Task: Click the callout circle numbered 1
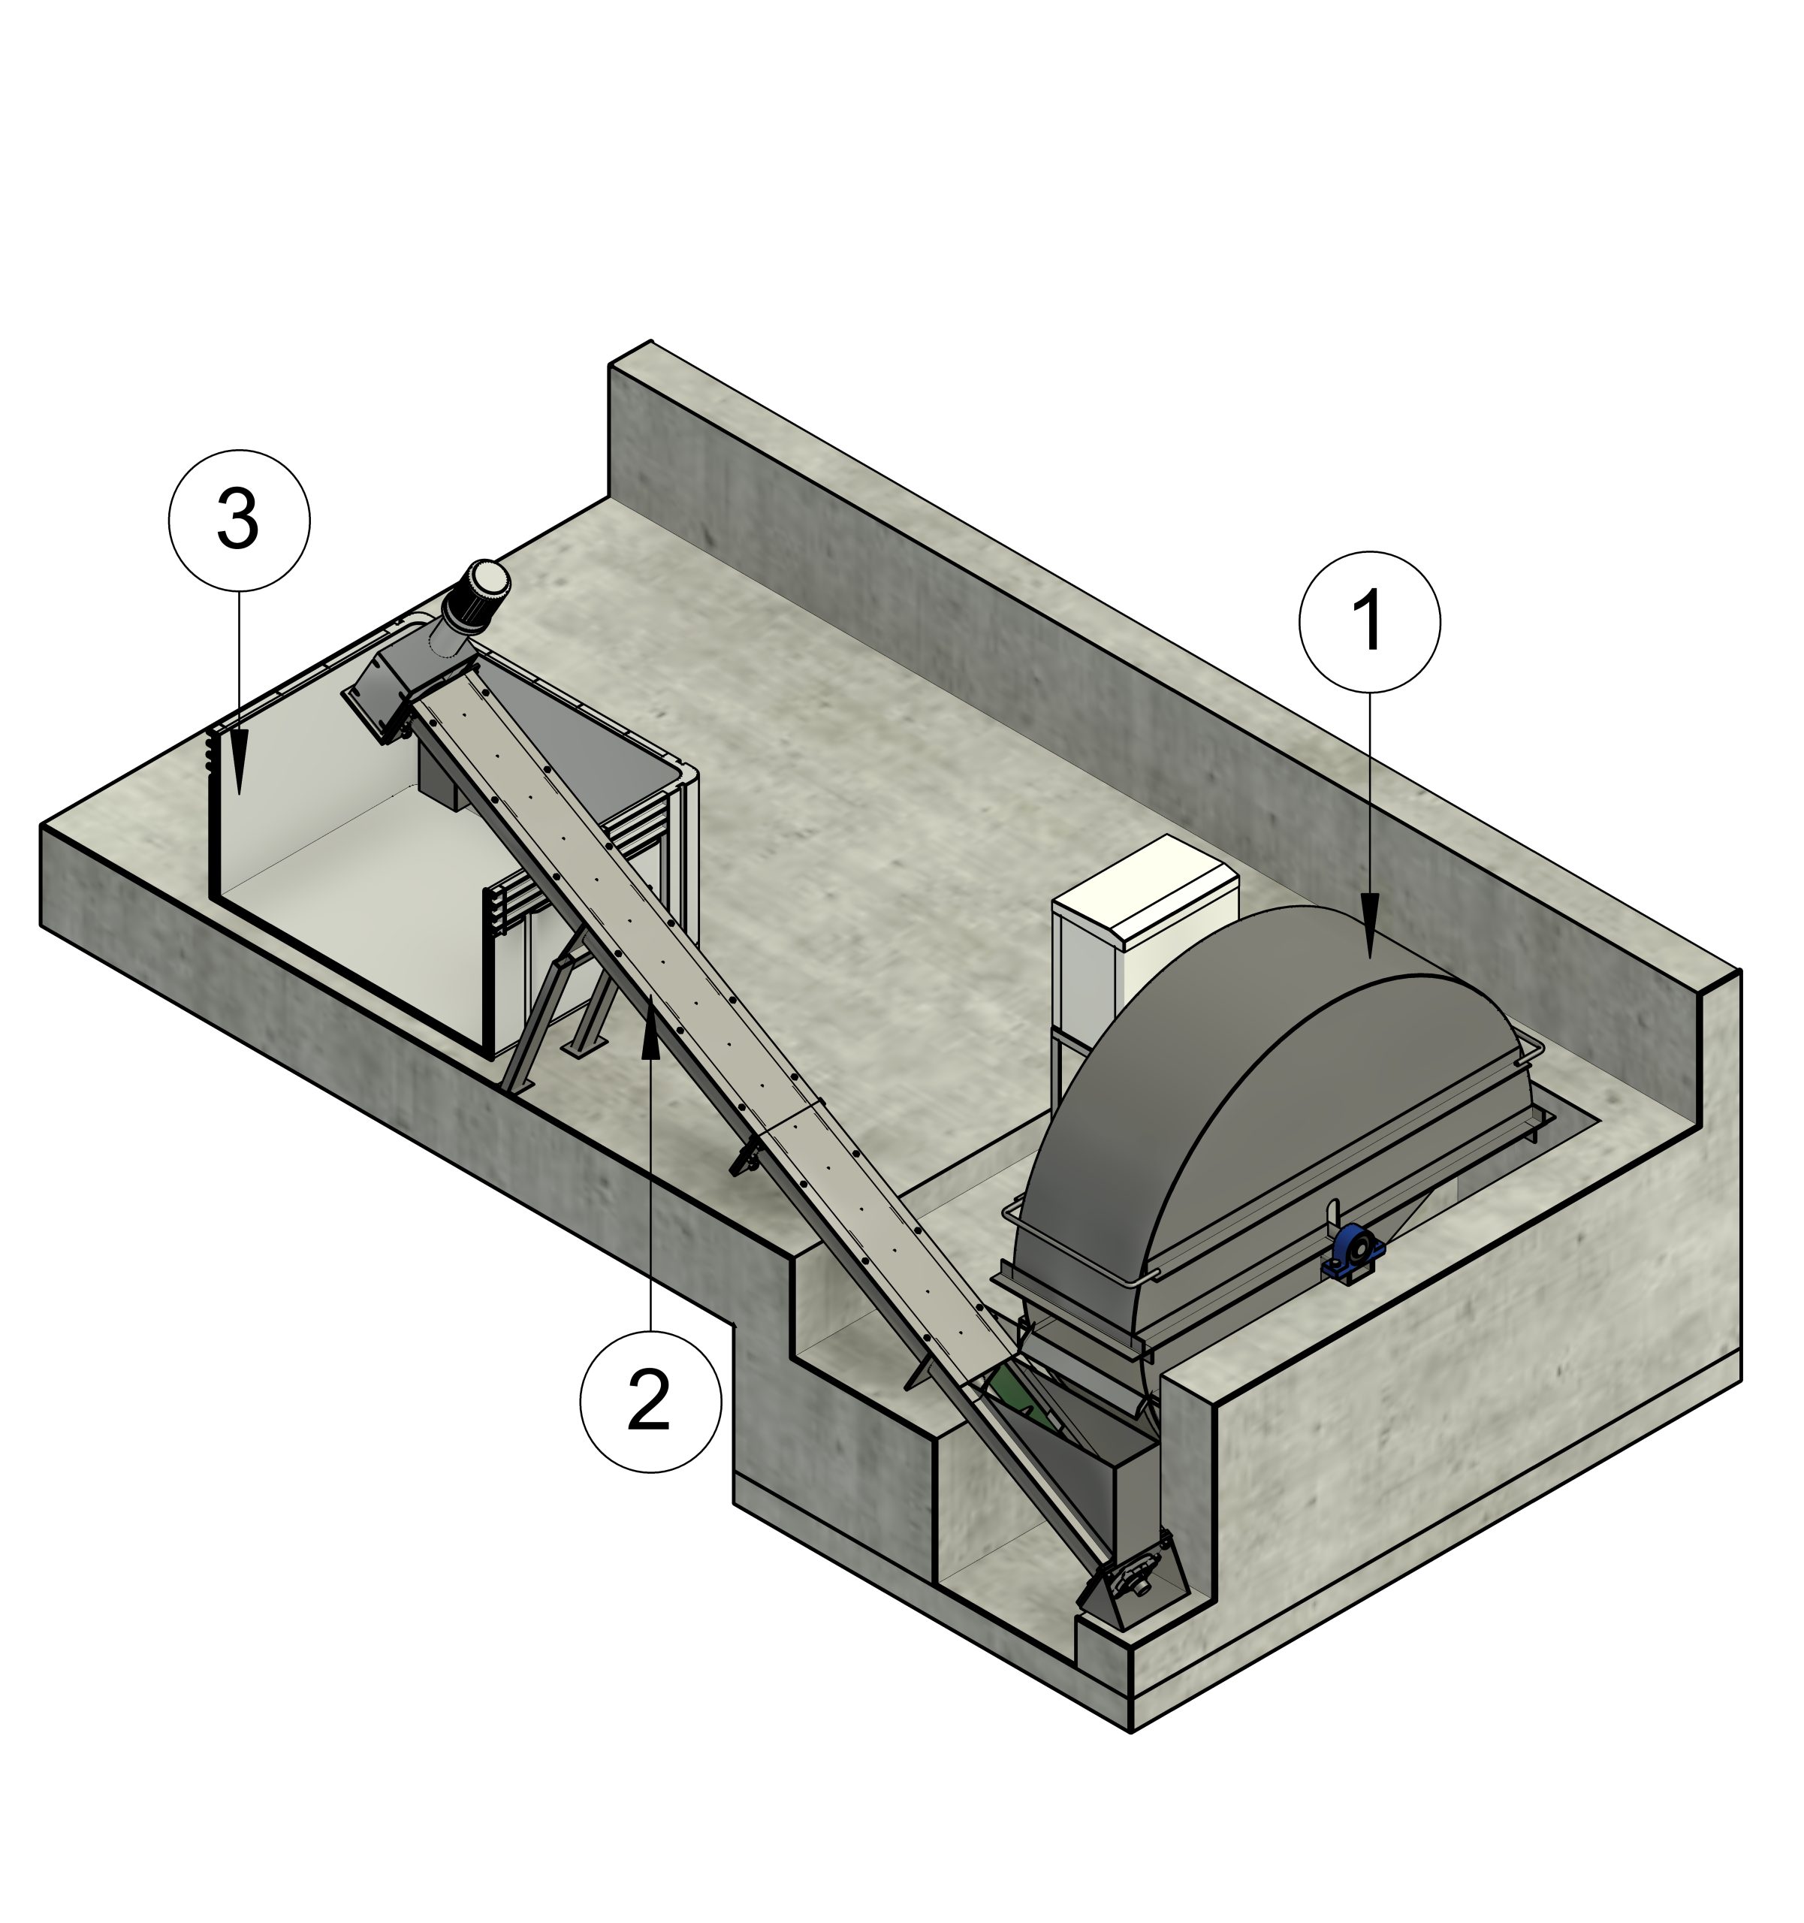1368,622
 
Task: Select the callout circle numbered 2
650,1402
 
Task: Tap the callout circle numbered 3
239,521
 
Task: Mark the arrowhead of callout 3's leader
239,762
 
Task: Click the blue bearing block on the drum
1353,1255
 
